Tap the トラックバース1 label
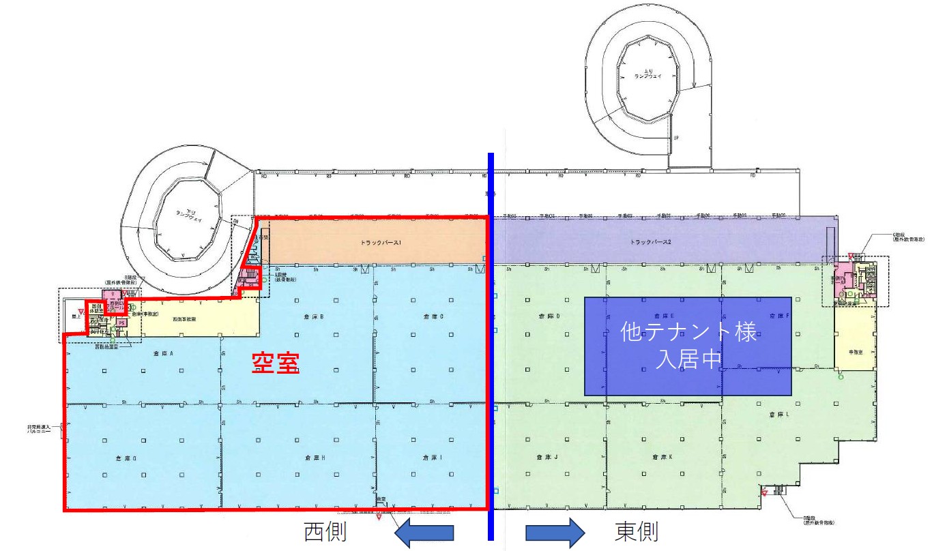[x=381, y=242]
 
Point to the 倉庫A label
[x=164, y=353]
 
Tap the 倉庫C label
[x=433, y=316]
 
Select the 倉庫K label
[x=662, y=458]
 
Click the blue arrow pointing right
[x=555, y=531]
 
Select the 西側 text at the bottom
[x=326, y=531]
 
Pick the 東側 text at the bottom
[x=637, y=531]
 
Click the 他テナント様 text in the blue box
[x=688, y=333]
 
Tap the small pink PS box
[x=121, y=323]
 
